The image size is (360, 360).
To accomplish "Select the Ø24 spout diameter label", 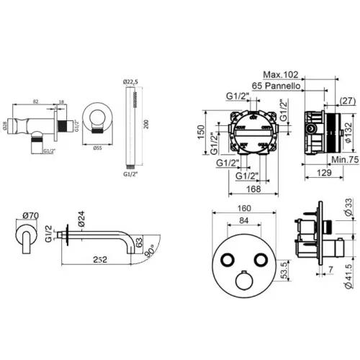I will click(x=81, y=217).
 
